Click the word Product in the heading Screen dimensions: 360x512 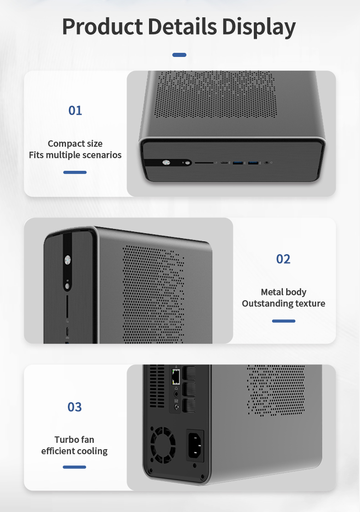coord(102,27)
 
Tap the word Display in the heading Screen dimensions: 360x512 coord(259,27)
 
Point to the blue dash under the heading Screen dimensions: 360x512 coord(180,55)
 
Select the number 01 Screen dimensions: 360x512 coord(75,110)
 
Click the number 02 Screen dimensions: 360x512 coord(283,259)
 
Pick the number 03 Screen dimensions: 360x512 coord(74,407)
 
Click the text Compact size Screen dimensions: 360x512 coord(75,143)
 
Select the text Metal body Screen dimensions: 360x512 coord(283,292)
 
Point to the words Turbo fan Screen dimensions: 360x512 coord(74,440)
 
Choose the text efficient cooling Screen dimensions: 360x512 coord(74,451)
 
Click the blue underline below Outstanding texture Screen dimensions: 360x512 coord(283,321)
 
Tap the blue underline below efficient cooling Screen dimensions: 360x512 coord(74,467)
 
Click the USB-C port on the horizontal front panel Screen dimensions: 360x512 coord(224,162)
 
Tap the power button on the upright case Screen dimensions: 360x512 coord(67,260)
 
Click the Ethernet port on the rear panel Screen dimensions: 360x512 coord(176,377)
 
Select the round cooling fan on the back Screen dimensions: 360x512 coord(163,445)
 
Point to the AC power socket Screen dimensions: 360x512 coord(195,445)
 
